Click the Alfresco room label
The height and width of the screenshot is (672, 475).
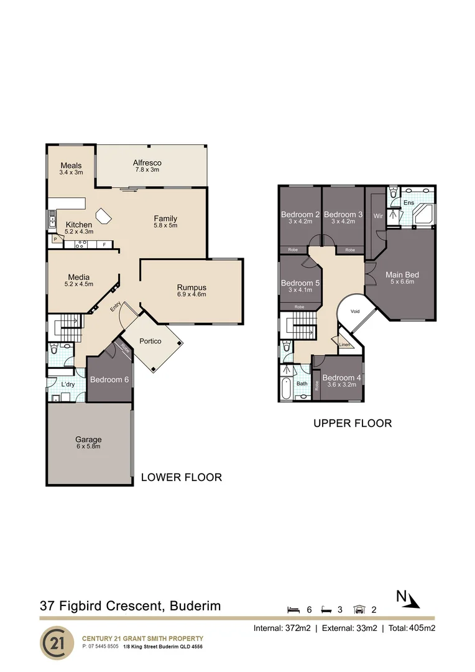[147, 163]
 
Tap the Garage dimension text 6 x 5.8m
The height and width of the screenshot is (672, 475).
[88, 446]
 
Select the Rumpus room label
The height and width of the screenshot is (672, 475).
[191, 287]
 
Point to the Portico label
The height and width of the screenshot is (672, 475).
[150, 341]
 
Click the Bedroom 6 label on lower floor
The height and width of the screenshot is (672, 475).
[109, 380]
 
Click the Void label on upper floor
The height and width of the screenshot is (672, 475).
[355, 311]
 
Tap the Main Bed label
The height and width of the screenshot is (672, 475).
[402, 274]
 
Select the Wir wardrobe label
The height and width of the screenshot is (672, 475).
[378, 216]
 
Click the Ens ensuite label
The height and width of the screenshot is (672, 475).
[408, 202]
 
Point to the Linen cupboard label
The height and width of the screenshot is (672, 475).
[344, 345]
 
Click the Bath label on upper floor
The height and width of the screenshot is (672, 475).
[302, 383]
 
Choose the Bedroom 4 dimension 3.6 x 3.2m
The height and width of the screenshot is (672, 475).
[341, 385]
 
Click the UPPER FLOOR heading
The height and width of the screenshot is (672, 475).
[352, 423]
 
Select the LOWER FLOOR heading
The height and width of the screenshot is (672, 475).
[181, 477]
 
